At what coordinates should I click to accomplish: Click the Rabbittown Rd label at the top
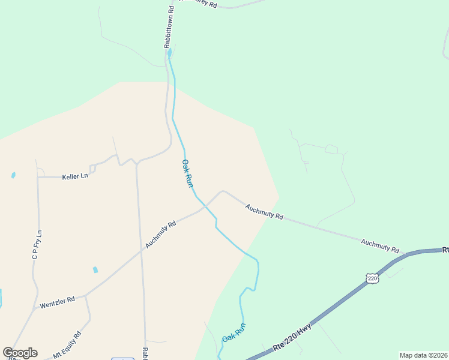coord(170,27)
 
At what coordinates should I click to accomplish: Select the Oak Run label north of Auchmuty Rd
coord(187,173)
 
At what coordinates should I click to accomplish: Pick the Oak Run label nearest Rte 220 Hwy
coord(234,332)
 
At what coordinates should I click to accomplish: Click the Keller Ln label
coord(75,176)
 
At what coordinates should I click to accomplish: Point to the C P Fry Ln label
coord(37,245)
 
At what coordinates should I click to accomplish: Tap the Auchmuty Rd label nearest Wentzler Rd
coord(160,235)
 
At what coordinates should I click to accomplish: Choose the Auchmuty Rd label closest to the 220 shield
coord(380,245)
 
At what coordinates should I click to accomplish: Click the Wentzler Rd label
coord(57,302)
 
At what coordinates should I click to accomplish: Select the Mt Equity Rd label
coord(67,346)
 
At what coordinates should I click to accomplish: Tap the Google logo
coord(20,353)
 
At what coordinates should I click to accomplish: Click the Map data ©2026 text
coord(423,355)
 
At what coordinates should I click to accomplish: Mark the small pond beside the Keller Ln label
coord(13,175)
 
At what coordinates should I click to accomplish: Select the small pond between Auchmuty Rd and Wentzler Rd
coord(95,269)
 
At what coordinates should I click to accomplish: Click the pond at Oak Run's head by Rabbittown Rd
coord(169,53)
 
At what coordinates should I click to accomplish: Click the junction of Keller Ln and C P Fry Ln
coord(38,178)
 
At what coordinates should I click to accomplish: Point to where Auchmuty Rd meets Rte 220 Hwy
coord(406,254)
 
